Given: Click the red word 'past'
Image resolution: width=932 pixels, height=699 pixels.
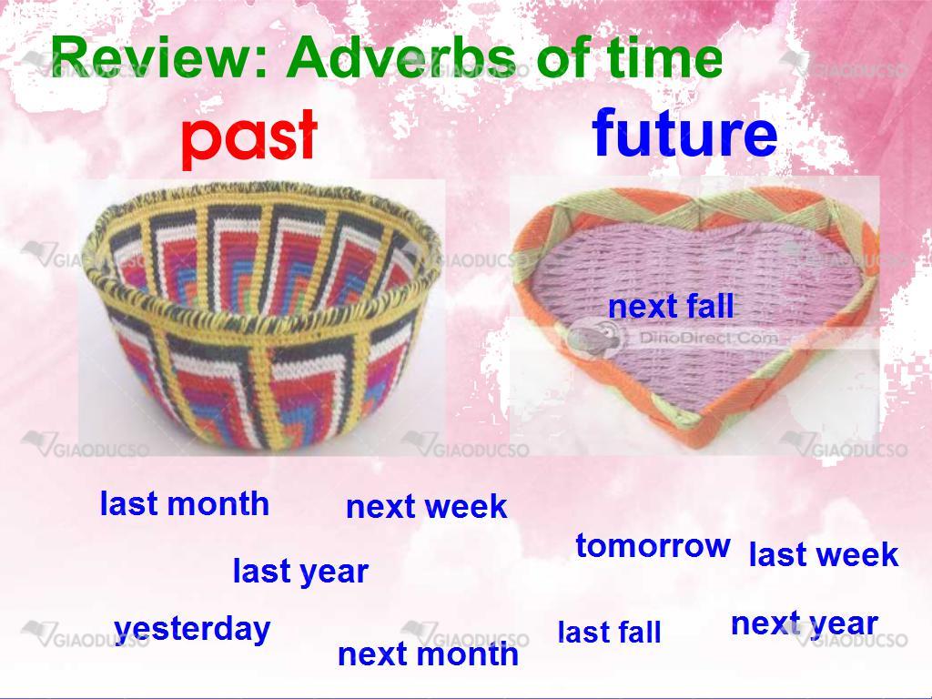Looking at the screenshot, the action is coord(249,138).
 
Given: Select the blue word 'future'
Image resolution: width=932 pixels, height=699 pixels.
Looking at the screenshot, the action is coord(684,133).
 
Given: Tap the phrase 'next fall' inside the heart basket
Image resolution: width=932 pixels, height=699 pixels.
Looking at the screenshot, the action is coord(671,307).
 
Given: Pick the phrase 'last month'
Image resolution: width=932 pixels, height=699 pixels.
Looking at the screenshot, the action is coord(184,503).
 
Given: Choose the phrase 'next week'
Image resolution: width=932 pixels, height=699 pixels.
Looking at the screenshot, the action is coord(426,507).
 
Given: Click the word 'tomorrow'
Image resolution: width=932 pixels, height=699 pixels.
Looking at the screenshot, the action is coord(653,546).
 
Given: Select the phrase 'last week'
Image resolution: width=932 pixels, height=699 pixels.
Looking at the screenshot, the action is coord(823,554).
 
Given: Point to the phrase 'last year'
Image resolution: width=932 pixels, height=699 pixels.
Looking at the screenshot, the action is coord(300,572).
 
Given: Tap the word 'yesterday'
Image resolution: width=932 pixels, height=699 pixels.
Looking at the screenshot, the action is coord(192,630).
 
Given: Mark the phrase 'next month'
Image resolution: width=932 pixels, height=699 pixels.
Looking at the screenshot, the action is coord(428,653).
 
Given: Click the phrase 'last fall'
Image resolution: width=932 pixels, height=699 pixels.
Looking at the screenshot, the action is coord(609,632).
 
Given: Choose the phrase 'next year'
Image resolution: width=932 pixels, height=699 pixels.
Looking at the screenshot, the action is coord(805,624).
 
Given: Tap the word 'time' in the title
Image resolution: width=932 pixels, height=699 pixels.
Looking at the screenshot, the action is coord(665,56).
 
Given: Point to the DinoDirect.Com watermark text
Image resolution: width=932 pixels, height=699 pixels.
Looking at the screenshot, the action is coord(708,339).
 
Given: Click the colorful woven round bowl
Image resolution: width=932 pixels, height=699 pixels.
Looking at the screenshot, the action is coord(261,316).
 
